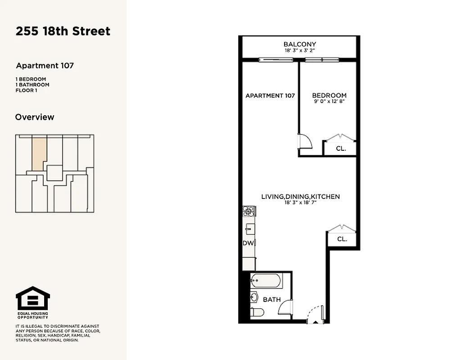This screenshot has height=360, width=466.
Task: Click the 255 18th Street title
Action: click(x=63, y=31)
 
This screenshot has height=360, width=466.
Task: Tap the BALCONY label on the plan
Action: click(x=299, y=44)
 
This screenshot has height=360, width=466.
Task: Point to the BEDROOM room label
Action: click(x=329, y=95)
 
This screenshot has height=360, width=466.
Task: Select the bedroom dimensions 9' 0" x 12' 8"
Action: click(x=329, y=101)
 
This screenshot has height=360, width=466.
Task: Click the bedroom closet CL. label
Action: click(x=341, y=148)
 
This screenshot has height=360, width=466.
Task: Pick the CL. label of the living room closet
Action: click(x=342, y=239)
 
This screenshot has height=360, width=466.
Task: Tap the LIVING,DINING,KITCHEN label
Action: click(x=300, y=197)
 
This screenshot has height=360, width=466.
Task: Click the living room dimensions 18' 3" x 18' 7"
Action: click(x=300, y=202)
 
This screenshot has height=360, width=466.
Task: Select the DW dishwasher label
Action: click(x=248, y=243)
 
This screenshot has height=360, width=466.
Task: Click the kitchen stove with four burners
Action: click(x=249, y=211)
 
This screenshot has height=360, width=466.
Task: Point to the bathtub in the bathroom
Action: click(x=266, y=281)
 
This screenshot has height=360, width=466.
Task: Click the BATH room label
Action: click(x=272, y=299)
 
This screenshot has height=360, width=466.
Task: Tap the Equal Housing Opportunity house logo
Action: click(x=33, y=298)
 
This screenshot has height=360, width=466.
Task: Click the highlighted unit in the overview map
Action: click(x=39, y=153)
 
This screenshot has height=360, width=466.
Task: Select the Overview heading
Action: click(x=35, y=117)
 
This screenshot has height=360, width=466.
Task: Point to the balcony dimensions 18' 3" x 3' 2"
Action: click(x=299, y=50)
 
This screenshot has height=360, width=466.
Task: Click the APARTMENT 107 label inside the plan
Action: click(x=270, y=95)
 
